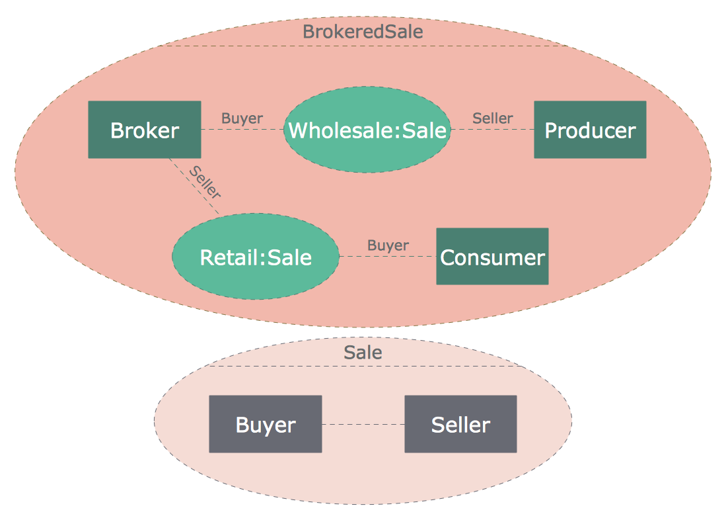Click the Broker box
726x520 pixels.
pos(145,130)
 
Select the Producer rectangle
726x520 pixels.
pos(590,130)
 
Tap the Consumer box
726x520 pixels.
pos(492,257)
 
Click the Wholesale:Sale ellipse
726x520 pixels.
pos(367,130)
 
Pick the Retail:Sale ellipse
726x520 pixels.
pos(256,257)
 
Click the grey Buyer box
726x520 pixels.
pos(266,424)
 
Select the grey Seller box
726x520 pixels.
pos(460,424)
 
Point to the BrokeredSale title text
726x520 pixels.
pos(363,31)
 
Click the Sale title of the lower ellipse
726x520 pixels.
pos(363,353)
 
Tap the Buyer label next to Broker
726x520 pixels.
pos(242,118)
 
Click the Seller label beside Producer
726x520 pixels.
pos(493,118)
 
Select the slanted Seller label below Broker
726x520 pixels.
pos(205,182)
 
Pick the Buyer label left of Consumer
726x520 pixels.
pos(388,245)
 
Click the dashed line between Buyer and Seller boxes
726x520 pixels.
pos(363,424)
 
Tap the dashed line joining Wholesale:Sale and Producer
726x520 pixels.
pos(492,130)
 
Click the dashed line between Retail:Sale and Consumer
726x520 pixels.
pos(388,257)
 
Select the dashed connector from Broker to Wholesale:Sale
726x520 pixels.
pos(242,130)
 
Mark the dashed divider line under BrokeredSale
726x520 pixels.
pos(363,46)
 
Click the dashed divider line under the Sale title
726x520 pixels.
pos(363,365)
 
